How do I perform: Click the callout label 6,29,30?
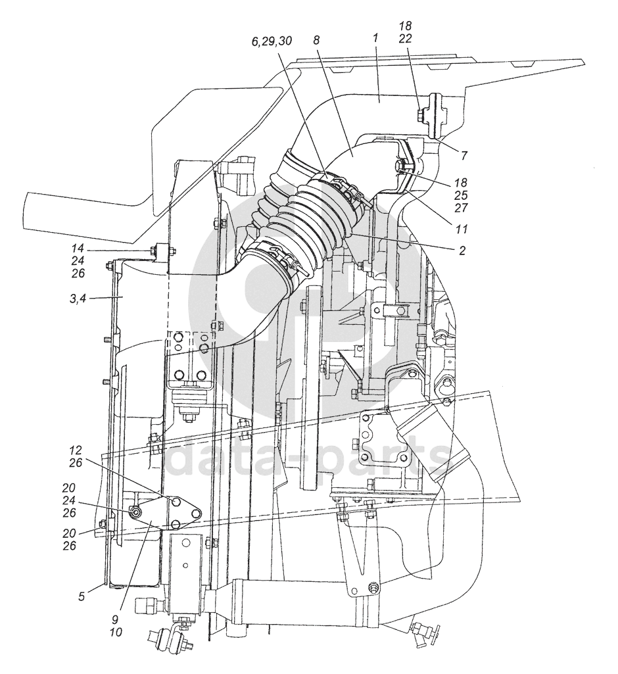[272, 41]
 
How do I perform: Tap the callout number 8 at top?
[317, 40]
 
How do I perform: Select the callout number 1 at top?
[375, 38]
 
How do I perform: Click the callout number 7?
[463, 155]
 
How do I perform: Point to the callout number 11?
[462, 229]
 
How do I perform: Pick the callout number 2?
[462, 250]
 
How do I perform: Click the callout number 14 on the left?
[78, 249]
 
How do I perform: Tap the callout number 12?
[76, 450]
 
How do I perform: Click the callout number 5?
[82, 596]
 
